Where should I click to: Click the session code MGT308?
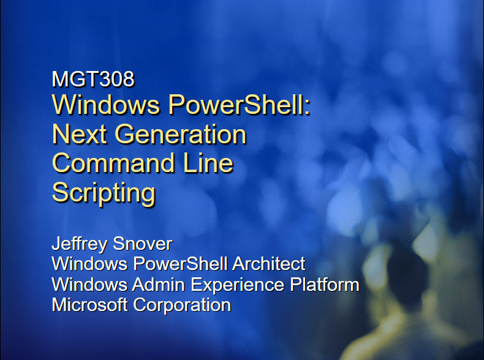pyautogui.click(x=93, y=78)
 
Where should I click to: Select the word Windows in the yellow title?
pyautogui.click(x=106, y=105)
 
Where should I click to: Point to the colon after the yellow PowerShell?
pyautogui.click(x=307, y=108)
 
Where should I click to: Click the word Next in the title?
pyautogui.click(x=80, y=134)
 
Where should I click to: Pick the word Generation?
pyautogui.click(x=181, y=134)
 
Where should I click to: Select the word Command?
pyautogui.click(x=113, y=163)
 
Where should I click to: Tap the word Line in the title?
pyautogui.click(x=208, y=163)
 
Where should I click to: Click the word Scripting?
pyautogui.click(x=104, y=193)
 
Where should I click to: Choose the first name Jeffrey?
pyautogui.click(x=79, y=244)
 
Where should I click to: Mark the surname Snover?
pyautogui.click(x=142, y=244)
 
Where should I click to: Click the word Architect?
pyautogui.click(x=268, y=264)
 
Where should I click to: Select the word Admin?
pyautogui.click(x=158, y=284)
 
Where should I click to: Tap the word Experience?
pyautogui.click(x=237, y=285)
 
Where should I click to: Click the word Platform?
pyautogui.click(x=325, y=284)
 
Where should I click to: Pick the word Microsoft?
pyautogui.click(x=89, y=305)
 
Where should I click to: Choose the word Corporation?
pyautogui.click(x=182, y=306)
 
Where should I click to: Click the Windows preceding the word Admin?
pyautogui.click(x=89, y=284)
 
